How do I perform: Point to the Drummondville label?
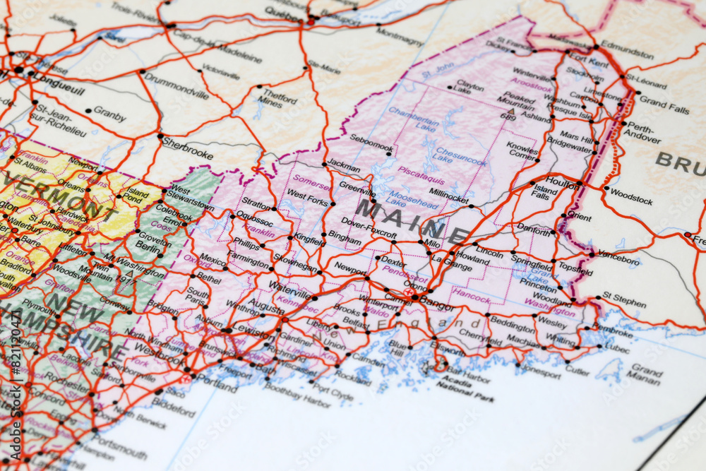[176, 88]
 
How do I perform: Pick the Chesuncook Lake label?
[460, 155]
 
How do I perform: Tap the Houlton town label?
[561, 182]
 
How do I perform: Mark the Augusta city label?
[265, 306]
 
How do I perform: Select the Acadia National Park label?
[464, 386]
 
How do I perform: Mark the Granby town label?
[109, 112]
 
